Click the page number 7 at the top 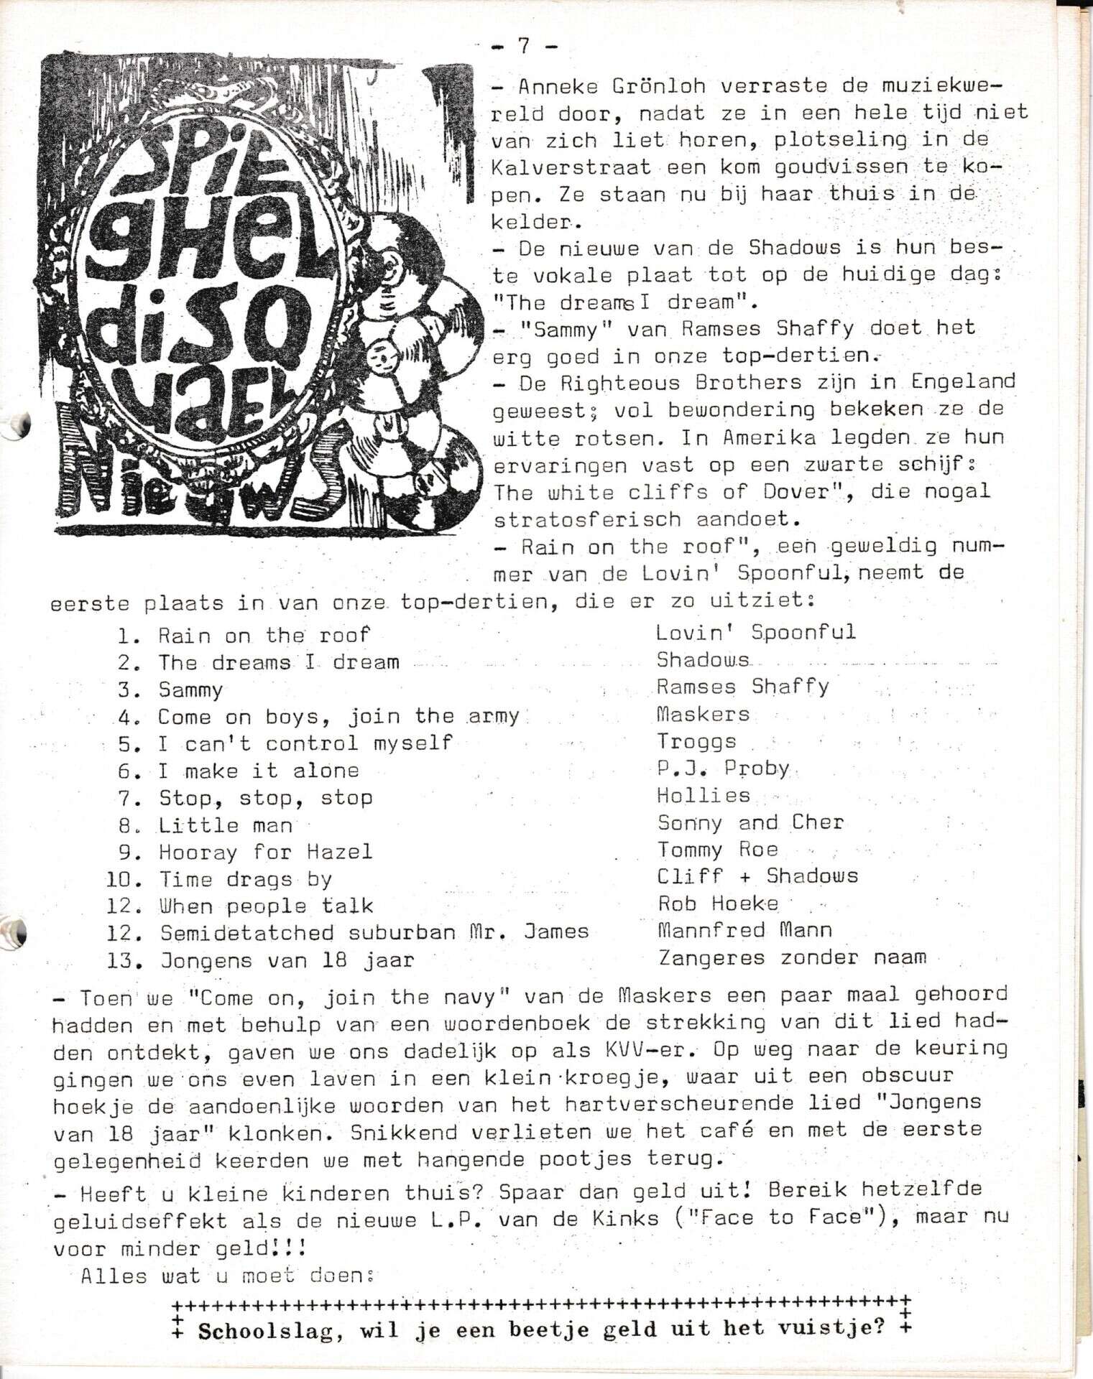coord(523,46)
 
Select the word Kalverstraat coord(571,167)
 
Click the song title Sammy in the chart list coord(190,690)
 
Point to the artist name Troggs coord(696,741)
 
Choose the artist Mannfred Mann coord(744,930)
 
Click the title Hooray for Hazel coord(265,852)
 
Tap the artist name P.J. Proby coord(722,769)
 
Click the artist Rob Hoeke coord(718,903)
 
